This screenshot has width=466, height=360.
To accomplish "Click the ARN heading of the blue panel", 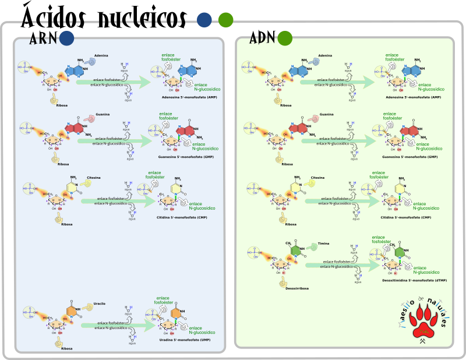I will (43, 41).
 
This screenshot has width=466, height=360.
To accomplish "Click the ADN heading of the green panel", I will (262, 41).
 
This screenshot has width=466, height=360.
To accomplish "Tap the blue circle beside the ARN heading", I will (66, 38).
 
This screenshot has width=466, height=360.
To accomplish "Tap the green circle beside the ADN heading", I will (285, 38).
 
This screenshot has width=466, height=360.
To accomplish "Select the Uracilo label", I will (99, 303).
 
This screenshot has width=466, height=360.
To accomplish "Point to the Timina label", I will (324, 243).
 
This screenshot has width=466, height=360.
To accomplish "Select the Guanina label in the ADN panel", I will (327, 114).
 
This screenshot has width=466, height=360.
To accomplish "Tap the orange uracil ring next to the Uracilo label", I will (72, 312).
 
